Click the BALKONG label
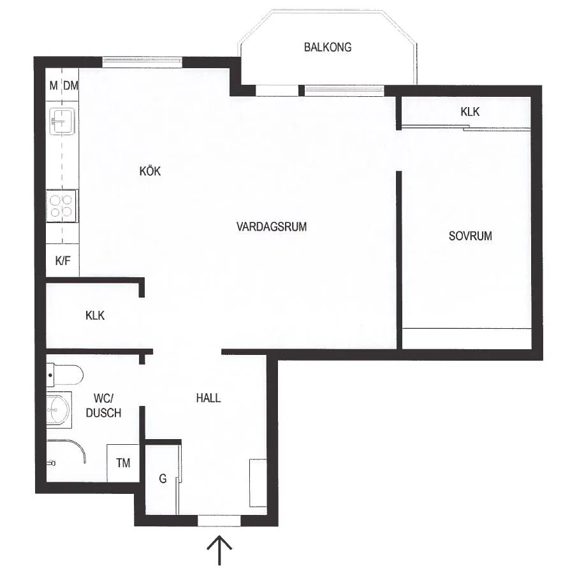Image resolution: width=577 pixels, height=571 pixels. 328,47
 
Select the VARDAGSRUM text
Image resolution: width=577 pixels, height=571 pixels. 272,226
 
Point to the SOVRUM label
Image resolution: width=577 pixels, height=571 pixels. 471,236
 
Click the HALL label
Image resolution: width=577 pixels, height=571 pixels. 208,398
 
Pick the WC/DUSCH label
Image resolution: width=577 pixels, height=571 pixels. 103,405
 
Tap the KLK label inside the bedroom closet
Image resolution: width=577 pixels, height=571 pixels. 470,112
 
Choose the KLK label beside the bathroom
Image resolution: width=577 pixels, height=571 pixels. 95,315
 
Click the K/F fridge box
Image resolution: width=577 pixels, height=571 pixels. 62,261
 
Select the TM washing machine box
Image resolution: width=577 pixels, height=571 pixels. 123,463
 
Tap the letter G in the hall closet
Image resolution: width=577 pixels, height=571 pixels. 163,479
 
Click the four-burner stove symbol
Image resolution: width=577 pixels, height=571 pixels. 62,205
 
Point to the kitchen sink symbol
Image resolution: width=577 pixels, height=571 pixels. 62,119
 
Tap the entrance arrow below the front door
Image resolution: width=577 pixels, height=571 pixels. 221,549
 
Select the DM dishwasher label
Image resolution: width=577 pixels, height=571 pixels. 71,85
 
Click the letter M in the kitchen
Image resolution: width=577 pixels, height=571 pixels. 54,85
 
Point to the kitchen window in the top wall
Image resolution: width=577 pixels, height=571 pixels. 143,61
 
